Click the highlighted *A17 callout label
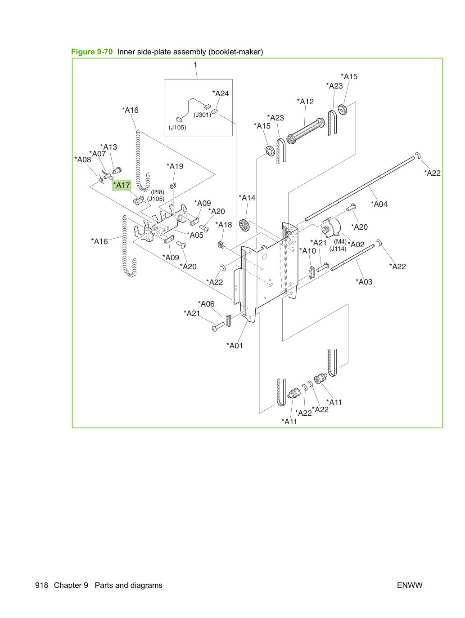pos(122,185)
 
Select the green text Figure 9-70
pos(92,52)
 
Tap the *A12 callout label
pos(305,102)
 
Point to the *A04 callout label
pos(379,204)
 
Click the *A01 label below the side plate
pos(235,346)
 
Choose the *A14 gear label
pos(247,198)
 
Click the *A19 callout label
pos(175,166)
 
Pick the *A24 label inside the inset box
pos(221,93)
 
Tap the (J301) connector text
pos(202,115)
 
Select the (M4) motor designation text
pos(340,241)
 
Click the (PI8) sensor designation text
pos(158,192)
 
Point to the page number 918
pos(41,585)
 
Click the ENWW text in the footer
pos(410,585)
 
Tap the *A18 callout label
pos(224,225)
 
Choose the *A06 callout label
pos(206,304)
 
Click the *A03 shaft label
pos(364,281)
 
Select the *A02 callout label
pos(356,245)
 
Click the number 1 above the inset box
pos(195,65)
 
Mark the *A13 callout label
pos(108,147)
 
